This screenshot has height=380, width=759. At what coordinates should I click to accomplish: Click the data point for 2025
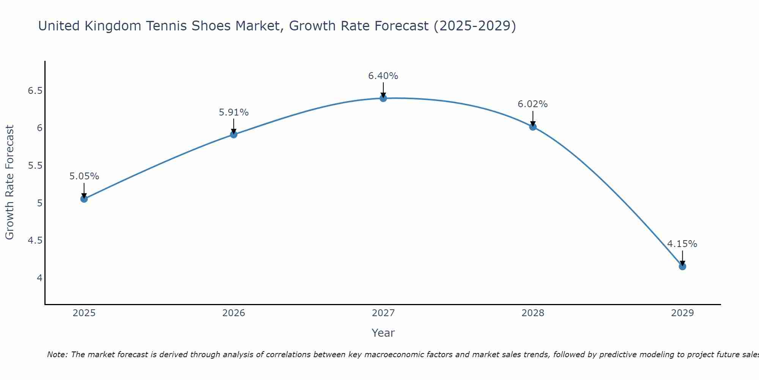point(84,199)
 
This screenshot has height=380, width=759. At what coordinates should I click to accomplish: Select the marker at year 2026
point(234,134)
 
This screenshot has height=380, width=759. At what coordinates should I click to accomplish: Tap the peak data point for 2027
point(383,98)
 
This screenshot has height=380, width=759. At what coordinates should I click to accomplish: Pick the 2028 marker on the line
point(533,127)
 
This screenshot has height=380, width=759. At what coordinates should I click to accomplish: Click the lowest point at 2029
point(682,266)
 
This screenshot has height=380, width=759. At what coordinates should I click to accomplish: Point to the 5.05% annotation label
point(84,176)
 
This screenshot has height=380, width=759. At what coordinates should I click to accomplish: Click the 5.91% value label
point(234,112)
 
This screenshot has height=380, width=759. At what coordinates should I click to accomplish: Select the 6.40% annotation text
point(383,76)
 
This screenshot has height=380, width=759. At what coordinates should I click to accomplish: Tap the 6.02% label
point(533,104)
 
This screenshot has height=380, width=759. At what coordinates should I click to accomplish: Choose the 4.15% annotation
point(682,244)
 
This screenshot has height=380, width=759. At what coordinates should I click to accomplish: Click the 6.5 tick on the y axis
point(35,91)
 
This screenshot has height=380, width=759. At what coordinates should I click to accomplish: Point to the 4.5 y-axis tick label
point(35,241)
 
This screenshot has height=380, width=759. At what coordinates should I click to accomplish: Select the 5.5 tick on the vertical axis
point(35,166)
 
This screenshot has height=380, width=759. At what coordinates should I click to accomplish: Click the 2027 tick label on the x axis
point(383,313)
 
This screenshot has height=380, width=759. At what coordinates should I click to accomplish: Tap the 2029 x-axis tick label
point(682,313)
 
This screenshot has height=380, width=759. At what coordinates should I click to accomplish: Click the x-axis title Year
point(383,333)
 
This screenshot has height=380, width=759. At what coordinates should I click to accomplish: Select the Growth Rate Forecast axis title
point(10,182)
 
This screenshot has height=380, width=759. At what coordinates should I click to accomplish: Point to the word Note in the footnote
point(57,355)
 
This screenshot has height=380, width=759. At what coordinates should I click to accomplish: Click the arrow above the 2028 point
point(533,119)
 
